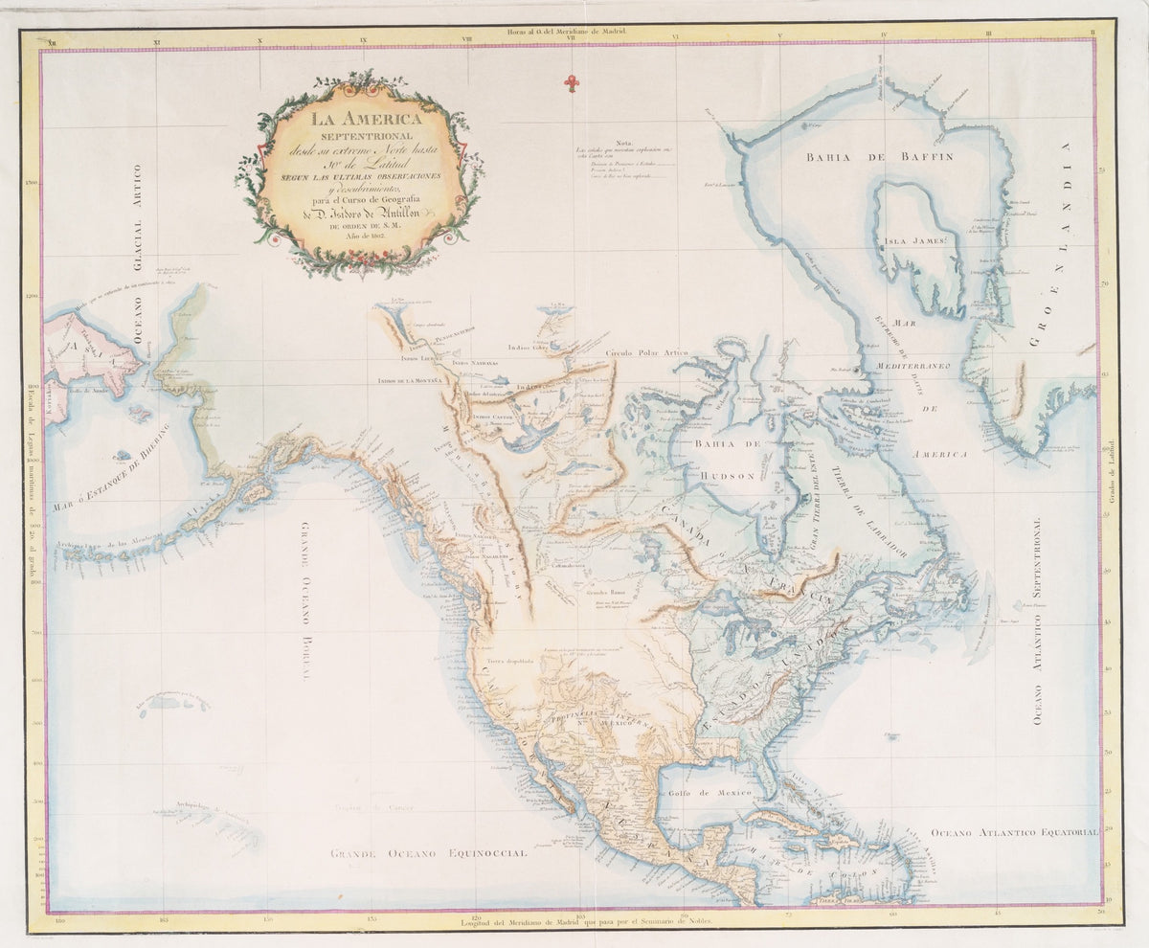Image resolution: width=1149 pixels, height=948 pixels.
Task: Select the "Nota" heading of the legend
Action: coord(625,140)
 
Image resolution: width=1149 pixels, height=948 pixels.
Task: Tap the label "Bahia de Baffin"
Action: coord(879,157)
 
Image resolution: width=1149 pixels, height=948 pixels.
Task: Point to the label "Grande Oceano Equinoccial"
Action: coord(428,852)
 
